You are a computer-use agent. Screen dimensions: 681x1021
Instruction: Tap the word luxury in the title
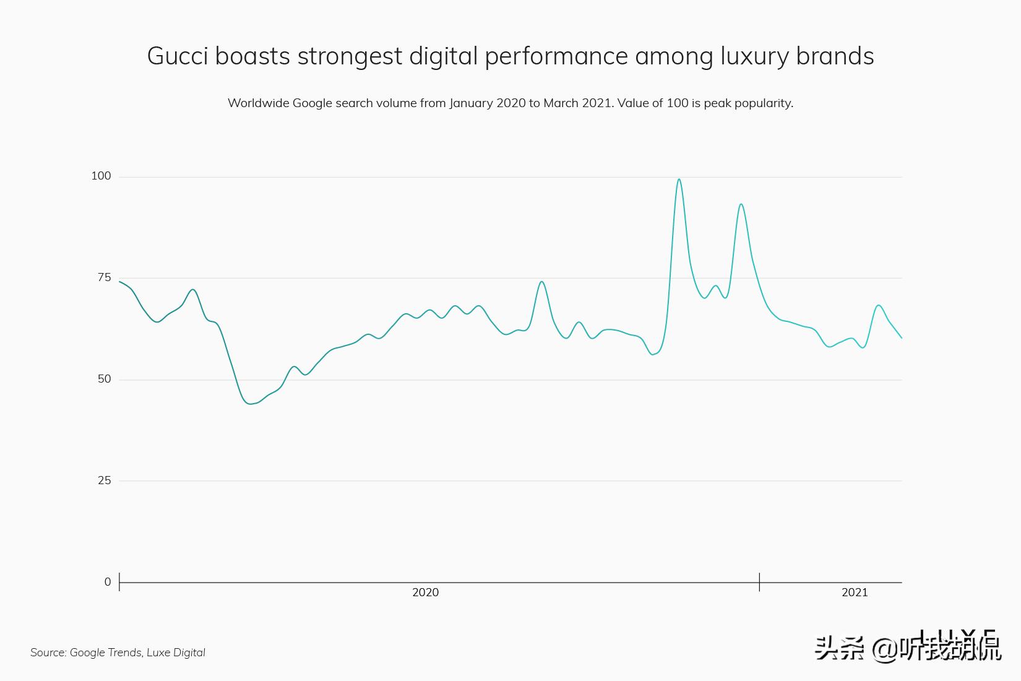(x=755, y=56)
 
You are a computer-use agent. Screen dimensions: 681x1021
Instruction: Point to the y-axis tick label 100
(x=101, y=176)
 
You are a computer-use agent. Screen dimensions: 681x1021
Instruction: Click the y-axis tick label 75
(x=104, y=277)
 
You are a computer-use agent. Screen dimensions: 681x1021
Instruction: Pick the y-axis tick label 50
(x=104, y=379)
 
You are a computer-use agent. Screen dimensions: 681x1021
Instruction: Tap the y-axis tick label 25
(x=104, y=480)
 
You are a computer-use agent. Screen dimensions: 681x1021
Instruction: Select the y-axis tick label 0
(x=108, y=582)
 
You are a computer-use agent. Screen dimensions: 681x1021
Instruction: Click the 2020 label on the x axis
(x=425, y=592)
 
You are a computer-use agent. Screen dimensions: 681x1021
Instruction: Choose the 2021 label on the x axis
(x=855, y=592)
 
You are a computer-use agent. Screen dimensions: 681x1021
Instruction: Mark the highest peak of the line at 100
(x=679, y=180)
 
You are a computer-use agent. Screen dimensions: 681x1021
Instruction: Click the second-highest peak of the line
(x=741, y=204)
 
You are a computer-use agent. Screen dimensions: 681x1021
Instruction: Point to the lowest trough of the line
(x=251, y=404)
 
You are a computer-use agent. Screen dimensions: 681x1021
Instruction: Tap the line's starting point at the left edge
(x=120, y=282)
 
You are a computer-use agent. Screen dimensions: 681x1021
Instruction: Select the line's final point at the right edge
(x=901, y=337)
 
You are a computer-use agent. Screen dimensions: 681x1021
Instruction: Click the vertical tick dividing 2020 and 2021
(x=759, y=582)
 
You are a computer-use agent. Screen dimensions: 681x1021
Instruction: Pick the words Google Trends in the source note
(x=105, y=653)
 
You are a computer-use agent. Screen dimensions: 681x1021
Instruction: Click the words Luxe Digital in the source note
(x=176, y=653)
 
